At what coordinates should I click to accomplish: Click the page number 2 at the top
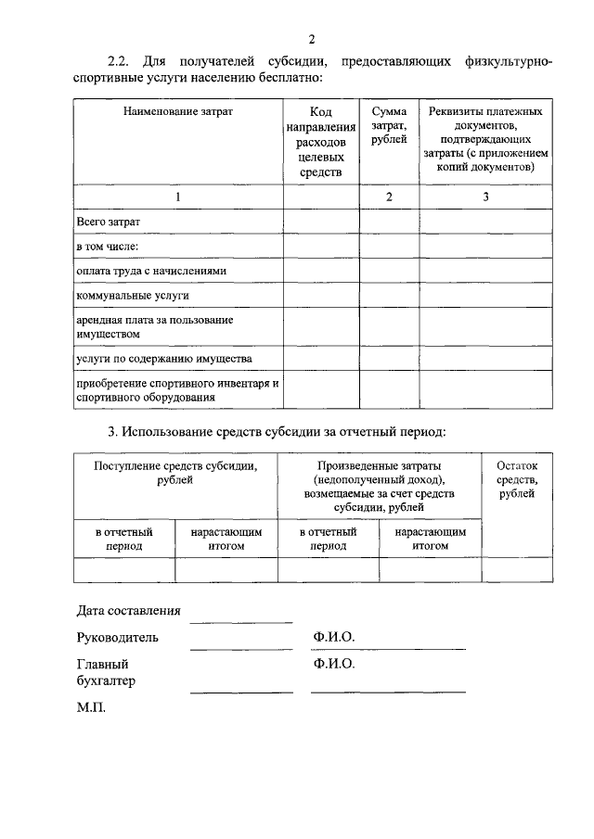pyautogui.click(x=312, y=39)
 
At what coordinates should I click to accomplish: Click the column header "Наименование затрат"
pyautogui.click(x=178, y=110)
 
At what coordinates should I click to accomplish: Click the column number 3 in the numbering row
pyautogui.click(x=485, y=197)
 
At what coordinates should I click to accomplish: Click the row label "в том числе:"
pyautogui.click(x=107, y=246)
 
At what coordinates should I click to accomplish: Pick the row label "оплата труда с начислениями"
pyautogui.click(x=150, y=270)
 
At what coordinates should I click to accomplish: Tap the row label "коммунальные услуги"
pyautogui.click(x=132, y=295)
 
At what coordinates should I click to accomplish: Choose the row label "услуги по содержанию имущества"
pyautogui.click(x=163, y=357)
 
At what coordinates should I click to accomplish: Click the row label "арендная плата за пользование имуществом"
pyautogui.click(x=153, y=326)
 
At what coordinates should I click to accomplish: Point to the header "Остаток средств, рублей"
pyautogui.click(x=516, y=480)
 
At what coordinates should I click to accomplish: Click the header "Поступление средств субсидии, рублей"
pyautogui.click(x=175, y=473)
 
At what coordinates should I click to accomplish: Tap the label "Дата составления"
pyautogui.click(x=128, y=611)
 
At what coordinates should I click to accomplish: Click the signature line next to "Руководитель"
pyautogui.click(x=241, y=648)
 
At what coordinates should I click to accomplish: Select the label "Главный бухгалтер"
pyautogui.click(x=106, y=673)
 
